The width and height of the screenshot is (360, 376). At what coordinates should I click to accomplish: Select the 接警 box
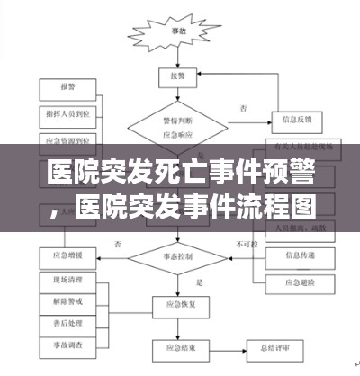(x=177, y=77)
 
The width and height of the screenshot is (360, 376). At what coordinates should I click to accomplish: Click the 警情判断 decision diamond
(x=177, y=122)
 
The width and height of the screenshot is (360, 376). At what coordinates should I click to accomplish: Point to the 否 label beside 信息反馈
(x=243, y=108)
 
